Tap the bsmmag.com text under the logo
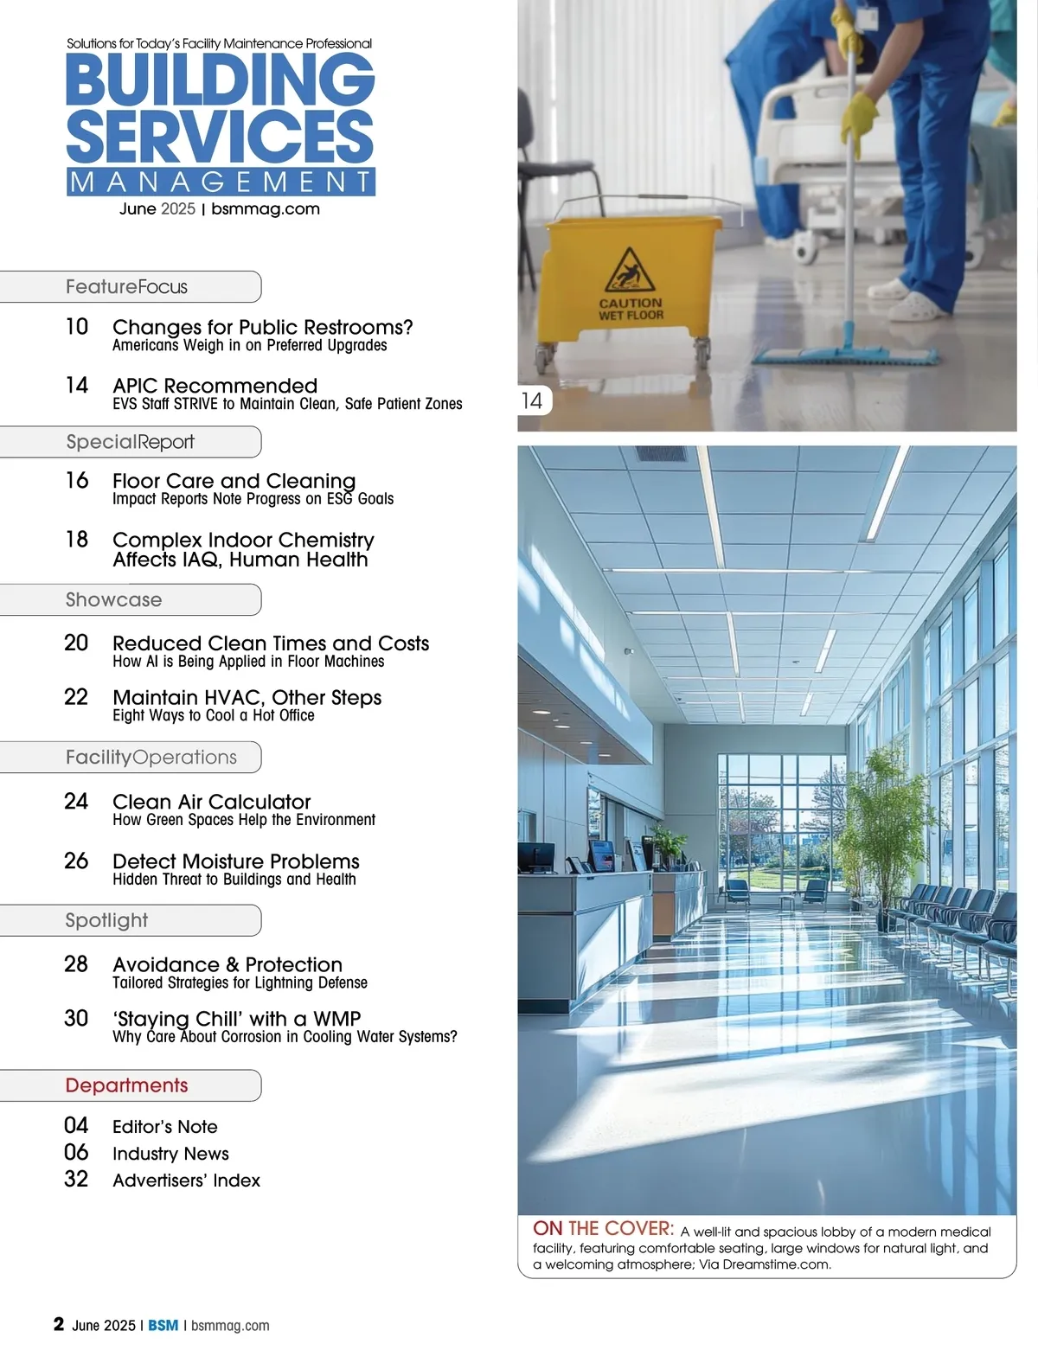266,209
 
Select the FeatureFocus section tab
127,287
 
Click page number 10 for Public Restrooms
77,327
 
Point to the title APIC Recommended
215,386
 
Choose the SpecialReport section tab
130,442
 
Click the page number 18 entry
77,540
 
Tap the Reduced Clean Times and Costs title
271,643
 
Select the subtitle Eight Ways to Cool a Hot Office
214,716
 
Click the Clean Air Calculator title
212,802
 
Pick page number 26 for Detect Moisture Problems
76,861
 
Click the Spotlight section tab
106,920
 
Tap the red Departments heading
126,1085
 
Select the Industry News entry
170,1154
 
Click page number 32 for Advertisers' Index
76,1180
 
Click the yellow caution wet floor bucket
629,285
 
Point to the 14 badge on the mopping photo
532,400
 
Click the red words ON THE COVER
603,1229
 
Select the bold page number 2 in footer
59,1324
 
